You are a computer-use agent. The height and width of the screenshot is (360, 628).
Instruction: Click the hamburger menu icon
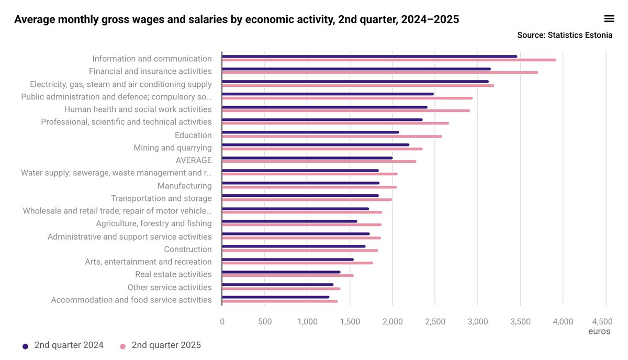(x=609, y=19)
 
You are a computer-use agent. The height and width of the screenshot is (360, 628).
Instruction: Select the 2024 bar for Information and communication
(x=369, y=57)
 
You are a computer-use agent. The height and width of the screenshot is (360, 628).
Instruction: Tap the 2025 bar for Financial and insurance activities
(x=380, y=72)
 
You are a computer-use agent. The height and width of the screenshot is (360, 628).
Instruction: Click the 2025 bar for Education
(x=332, y=136)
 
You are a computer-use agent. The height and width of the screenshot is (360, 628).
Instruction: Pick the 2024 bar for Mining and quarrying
(x=316, y=145)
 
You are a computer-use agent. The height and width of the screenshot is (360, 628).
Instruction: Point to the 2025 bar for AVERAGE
(x=319, y=161)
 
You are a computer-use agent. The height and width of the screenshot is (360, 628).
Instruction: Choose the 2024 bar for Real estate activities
(x=281, y=272)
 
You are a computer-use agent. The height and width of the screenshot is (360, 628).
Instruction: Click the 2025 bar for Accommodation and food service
(x=279, y=301)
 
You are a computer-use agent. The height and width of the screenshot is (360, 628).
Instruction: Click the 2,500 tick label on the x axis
(x=435, y=321)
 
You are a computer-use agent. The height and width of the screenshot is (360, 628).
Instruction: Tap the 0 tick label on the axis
(x=222, y=321)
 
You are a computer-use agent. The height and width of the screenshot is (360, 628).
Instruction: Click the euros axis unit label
(x=599, y=331)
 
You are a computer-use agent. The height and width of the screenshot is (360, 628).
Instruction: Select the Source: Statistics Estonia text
(x=565, y=35)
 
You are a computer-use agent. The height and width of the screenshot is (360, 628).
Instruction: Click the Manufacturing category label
(x=184, y=186)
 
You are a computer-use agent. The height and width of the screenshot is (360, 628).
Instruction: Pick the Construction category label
(x=187, y=249)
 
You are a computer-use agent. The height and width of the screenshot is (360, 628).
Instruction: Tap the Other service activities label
(x=170, y=287)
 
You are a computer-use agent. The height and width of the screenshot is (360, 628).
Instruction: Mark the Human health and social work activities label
(x=138, y=109)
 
